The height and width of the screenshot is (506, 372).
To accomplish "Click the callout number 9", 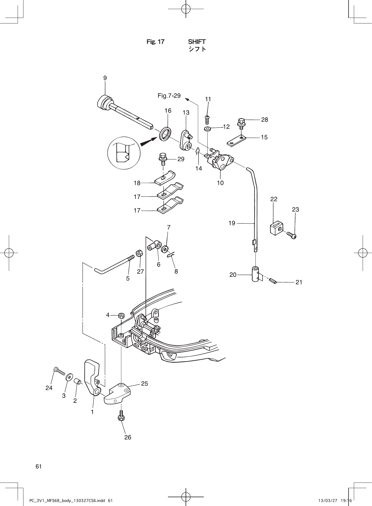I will pos(105,78).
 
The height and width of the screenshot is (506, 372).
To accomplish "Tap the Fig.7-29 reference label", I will pos(169,96).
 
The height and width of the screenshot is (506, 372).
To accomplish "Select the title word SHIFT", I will pos(197,42).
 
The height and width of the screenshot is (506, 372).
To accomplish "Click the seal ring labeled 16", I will pos(165,134).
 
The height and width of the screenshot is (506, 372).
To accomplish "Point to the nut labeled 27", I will pos(139,253).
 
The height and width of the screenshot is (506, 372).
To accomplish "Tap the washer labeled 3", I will pos(69,378).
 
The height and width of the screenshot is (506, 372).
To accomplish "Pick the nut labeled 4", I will pos(121,315).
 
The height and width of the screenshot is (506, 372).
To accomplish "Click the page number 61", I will pos(39,466).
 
